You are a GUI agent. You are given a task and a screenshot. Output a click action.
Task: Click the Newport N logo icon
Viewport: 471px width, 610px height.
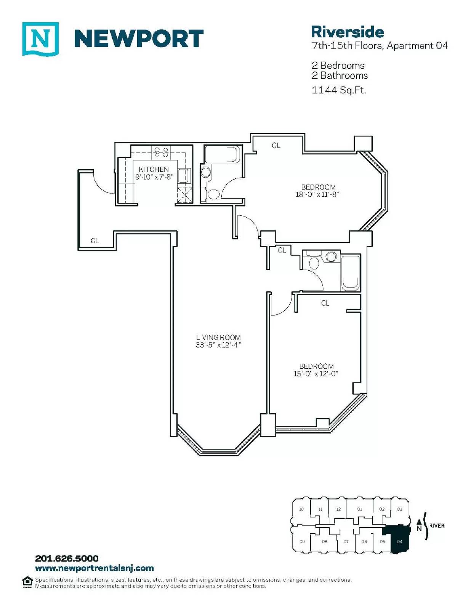(x=40, y=39)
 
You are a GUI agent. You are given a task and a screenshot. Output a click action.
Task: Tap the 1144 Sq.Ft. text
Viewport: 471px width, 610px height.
(x=339, y=90)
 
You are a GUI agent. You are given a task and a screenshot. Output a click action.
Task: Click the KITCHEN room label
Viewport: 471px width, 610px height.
(x=154, y=169)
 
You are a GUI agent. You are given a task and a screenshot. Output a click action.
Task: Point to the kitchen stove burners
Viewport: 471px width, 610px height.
(x=162, y=152)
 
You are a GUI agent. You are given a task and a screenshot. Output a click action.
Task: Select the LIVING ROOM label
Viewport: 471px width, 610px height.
(x=218, y=337)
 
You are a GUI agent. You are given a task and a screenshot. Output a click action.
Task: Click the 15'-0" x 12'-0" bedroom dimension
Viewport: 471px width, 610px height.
(x=316, y=374)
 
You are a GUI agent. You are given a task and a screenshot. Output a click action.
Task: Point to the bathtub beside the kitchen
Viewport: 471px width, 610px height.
(x=223, y=154)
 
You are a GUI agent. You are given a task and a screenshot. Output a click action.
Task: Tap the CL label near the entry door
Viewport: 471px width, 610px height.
(x=95, y=241)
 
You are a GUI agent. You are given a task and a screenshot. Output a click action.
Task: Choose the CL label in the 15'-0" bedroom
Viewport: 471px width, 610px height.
(x=325, y=303)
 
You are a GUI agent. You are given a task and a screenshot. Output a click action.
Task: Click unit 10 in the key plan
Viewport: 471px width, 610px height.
(x=301, y=509)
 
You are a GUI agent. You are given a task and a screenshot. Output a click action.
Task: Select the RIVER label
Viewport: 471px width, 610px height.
(x=437, y=525)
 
